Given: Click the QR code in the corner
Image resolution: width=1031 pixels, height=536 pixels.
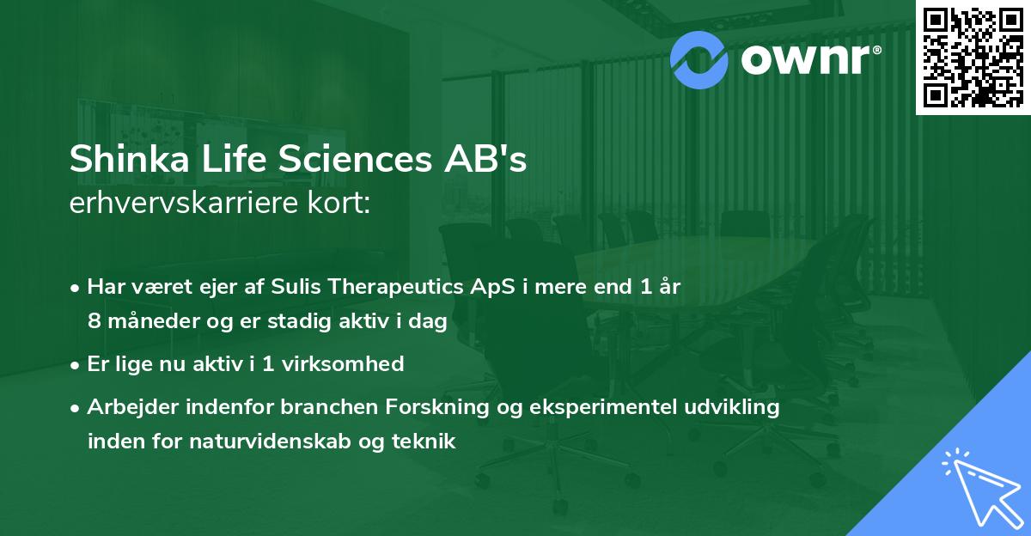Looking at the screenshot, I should coord(973,57).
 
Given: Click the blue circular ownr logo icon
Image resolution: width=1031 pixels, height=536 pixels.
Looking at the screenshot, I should coord(700,58).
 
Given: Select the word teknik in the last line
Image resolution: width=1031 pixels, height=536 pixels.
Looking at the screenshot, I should coord(425,442).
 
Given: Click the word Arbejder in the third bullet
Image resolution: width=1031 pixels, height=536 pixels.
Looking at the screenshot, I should coord(129,407).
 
